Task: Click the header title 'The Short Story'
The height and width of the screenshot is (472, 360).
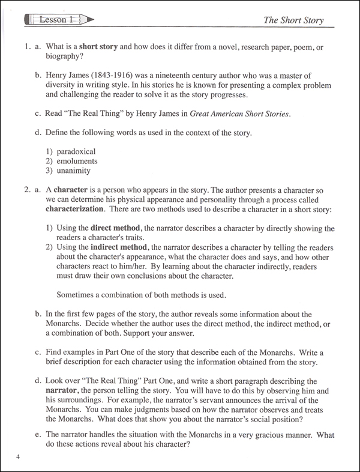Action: click(293, 20)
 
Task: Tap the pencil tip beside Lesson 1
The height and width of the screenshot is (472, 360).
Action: click(91, 20)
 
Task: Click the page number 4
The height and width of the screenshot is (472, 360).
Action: click(19, 459)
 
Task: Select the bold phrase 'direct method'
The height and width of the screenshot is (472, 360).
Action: click(116, 229)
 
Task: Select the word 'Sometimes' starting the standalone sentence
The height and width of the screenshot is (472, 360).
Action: click(77, 294)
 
